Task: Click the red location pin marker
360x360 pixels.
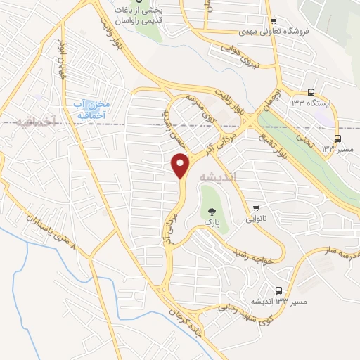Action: (181, 165)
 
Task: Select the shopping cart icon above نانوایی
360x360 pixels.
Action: (256, 207)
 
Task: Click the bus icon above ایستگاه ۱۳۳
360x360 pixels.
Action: (311, 92)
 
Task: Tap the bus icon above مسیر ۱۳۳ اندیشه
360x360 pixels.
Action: (279, 290)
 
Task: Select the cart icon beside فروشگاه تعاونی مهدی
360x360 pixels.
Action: (274, 20)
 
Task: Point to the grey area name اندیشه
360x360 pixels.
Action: (219, 178)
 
